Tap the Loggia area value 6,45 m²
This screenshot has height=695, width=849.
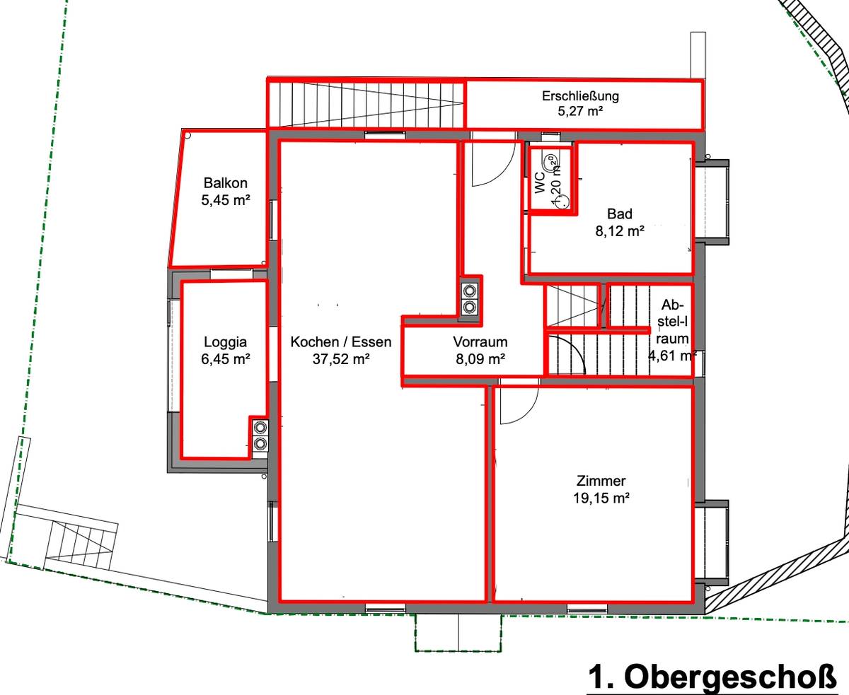tap(226, 359)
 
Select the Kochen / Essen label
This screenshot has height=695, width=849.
tap(340, 342)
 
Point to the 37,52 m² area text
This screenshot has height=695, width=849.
tap(340, 359)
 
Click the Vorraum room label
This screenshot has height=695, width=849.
tap(480, 342)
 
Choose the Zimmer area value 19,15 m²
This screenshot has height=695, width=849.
tap(601, 498)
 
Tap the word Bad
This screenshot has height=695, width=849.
tap(619, 214)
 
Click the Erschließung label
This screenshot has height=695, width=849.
tap(580, 96)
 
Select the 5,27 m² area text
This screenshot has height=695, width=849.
tap(580, 111)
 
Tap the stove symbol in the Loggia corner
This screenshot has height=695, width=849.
tap(260, 435)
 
